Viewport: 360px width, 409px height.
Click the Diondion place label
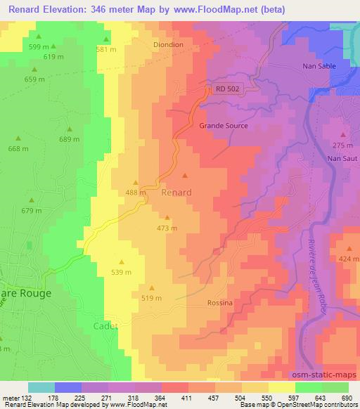[168, 44]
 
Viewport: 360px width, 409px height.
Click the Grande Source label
[224, 126]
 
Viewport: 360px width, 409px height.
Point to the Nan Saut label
[343, 159]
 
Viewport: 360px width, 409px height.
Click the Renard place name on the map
[176, 192]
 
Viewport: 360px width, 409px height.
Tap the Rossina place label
[219, 302]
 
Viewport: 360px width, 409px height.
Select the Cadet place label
[106, 326]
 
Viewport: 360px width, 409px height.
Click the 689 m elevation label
[69, 139]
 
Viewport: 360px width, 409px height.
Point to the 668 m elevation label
[18, 148]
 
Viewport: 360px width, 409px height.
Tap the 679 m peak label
[31, 211]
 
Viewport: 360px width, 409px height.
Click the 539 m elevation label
[122, 271]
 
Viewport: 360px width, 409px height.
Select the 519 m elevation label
[152, 298]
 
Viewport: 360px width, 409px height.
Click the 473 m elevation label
[167, 228]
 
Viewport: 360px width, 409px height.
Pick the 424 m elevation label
[349, 259]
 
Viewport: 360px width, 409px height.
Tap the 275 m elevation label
[342, 145]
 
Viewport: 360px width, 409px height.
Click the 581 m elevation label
[106, 49]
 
